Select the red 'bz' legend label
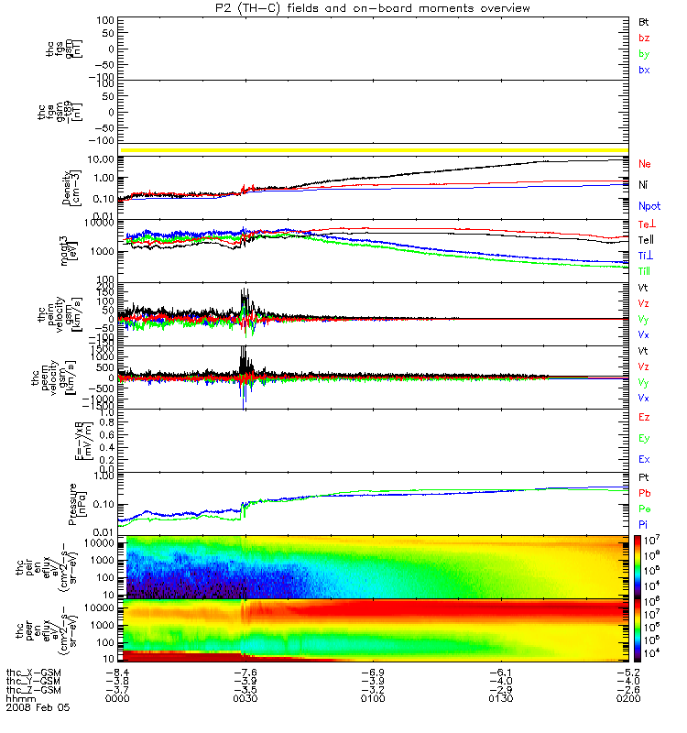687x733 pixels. coord(645,38)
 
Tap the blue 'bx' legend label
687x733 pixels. coord(645,71)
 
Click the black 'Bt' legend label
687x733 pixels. coord(644,21)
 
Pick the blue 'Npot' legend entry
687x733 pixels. coord(649,207)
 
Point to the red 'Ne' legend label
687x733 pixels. coord(645,164)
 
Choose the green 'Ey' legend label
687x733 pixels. coord(645,439)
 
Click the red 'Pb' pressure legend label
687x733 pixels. coord(645,493)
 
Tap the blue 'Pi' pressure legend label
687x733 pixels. coord(644,524)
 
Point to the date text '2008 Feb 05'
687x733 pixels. coord(38,708)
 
